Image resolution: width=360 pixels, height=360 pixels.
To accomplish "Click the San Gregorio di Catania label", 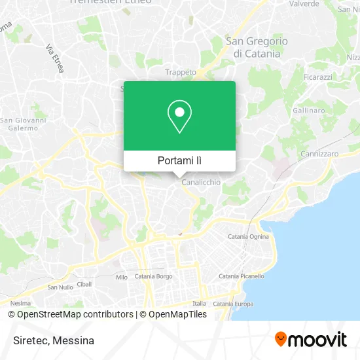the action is tap(257, 47).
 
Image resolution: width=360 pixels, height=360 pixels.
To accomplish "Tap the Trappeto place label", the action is tap(181, 72).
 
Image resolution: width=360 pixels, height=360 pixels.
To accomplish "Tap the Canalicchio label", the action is tap(201, 183).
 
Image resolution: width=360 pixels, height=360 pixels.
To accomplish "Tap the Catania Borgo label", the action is tap(153, 276).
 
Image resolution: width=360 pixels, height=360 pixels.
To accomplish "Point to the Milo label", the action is tap(122, 278).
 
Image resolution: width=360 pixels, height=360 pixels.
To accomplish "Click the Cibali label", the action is tap(84, 284).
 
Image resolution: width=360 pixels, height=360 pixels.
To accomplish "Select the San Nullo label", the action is tap(60, 287).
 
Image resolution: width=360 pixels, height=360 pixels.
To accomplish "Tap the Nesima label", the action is tap(20, 303).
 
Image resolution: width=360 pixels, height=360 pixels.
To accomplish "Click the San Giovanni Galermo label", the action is tap(24, 124).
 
